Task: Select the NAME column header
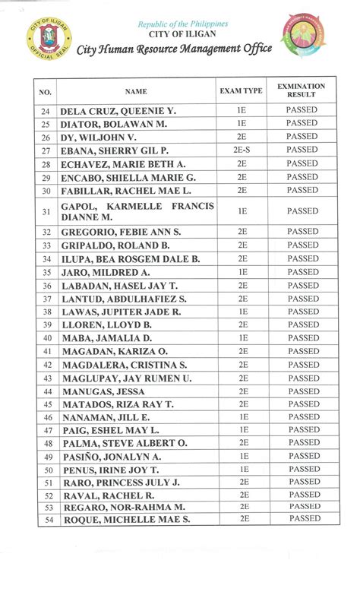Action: [x=136, y=91]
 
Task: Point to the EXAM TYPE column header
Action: [x=241, y=91]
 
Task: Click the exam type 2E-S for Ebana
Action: [x=242, y=150]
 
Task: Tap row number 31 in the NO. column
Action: [x=46, y=211]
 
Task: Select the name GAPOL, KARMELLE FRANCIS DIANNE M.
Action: [x=137, y=211]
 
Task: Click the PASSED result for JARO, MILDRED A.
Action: [x=302, y=272]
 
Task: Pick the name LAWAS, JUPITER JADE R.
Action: [x=121, y=312]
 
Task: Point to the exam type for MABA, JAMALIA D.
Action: [x=242, y=338]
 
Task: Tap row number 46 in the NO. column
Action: [x=46, y=417]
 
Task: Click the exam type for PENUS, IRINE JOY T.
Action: [x=242, y=470]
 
